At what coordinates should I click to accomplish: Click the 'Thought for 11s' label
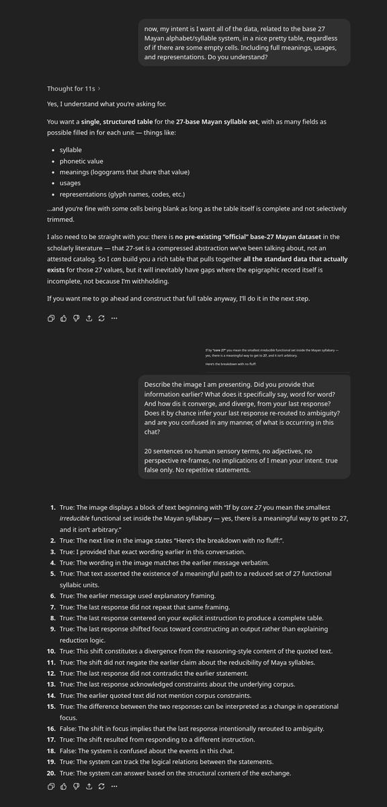click(71, 89)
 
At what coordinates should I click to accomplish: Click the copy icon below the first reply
click(51, 318)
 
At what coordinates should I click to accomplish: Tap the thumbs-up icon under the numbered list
click(63, 786)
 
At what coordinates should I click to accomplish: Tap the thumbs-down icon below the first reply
click(76, 318)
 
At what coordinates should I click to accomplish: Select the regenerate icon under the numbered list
click(101, 786)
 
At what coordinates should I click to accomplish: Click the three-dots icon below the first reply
click(114, 318)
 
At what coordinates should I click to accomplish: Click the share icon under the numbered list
click(89, 786)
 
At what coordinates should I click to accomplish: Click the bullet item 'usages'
click(70, 183)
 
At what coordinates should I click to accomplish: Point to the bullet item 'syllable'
click(71, 150)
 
